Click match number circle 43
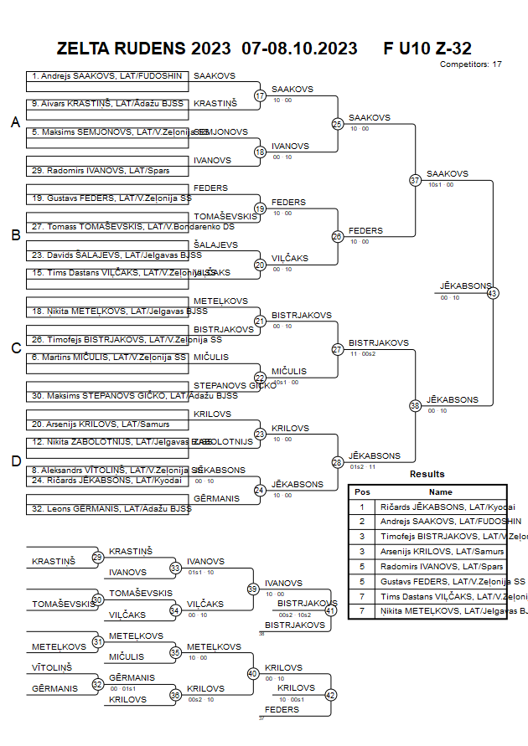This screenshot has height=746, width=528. [x=492, y=293]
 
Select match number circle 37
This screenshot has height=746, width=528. [x=415, y=180]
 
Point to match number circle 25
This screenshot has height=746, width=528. [x=337, y=124]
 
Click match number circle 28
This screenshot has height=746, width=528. [x=337, y=462]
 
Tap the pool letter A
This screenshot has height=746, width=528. [x=15, y=123]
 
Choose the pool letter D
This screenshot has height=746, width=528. [x=15, y=460]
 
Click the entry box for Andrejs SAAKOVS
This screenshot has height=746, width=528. [x=106, y=76]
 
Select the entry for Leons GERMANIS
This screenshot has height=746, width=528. [x=106, y=508]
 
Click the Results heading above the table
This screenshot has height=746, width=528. [x=427, y=474]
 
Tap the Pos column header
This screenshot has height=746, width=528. [x=362, y=492]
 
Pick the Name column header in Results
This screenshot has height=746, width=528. [x=440, y=492]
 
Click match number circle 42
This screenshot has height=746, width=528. [x=330, y=695]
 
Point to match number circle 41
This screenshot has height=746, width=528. [x=330, y=610]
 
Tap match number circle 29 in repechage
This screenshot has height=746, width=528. [x=97, y=557]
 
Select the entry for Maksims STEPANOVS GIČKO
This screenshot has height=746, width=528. [x=106, y=395]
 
